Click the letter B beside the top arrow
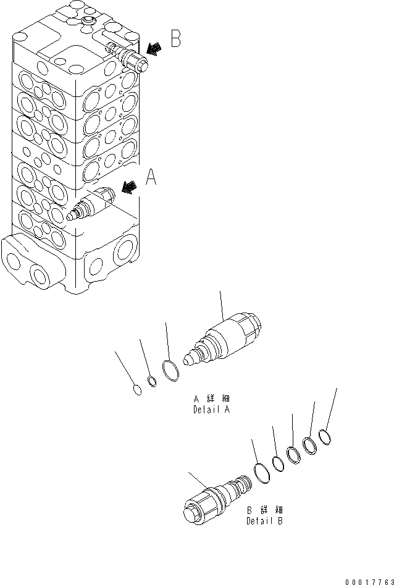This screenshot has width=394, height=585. click(x=175, y=40)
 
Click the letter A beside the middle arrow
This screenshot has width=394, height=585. click(x=150, y=179)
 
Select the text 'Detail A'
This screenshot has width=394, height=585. click(x=212, y=409)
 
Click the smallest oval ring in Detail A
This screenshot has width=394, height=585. click(x=138, y=389)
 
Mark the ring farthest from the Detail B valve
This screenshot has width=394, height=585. click(x=325, y=438)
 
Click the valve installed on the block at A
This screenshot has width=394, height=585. click(x=91, y=206)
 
